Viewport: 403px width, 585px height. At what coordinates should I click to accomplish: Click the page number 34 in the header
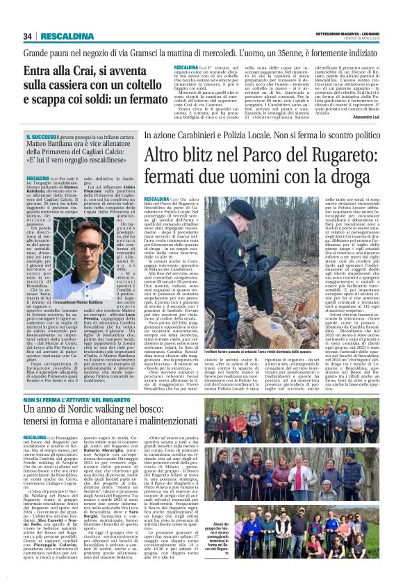[x=28, y=36]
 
